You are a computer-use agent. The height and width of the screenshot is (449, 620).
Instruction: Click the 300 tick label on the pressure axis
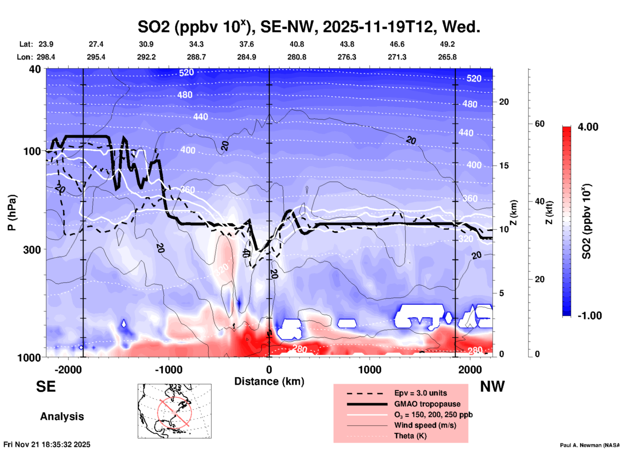click(x=32, y=250)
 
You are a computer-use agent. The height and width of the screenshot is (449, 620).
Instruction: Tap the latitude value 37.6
click(x=246, y=44)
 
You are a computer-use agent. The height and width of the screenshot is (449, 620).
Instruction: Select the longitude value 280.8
click(x=296, y=57)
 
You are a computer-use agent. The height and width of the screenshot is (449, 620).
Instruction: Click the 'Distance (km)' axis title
click(x=269, y=381)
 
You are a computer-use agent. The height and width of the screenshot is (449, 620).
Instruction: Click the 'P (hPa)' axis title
click(x=12, y=213)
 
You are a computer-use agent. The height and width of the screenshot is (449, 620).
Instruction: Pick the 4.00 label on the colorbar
click(x=588, y=127)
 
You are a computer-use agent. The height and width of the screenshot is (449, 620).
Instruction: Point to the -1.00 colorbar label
click(x=589, y=315)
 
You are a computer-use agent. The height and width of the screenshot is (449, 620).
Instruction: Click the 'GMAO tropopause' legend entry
click(x=427, y=404)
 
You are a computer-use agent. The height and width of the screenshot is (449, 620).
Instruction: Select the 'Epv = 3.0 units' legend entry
click(x=420, y=393)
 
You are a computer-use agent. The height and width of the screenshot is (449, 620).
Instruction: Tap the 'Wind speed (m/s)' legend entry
click(x=425, y=425)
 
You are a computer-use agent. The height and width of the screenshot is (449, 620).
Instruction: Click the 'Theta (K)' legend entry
click(x=410, y=436)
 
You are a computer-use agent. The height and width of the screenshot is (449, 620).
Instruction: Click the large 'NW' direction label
click(x=492, y=387)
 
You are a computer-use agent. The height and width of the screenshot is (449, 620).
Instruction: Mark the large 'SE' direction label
click(x=46, y=387)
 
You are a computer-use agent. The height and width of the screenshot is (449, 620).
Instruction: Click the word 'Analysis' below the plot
click(x=62, y=416)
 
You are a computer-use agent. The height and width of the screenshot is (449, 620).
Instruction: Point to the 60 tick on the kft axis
click(x=540, y=124)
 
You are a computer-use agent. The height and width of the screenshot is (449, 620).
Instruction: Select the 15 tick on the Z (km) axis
click(x=504, y=166)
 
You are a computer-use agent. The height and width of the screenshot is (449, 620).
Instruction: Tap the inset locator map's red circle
click(x=174, y=412)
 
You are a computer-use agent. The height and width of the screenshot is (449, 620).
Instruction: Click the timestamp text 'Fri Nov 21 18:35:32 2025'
click(x=47, y=444)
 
